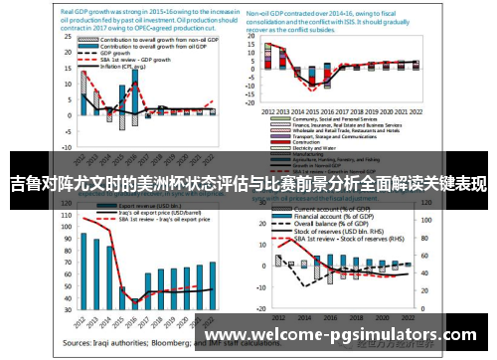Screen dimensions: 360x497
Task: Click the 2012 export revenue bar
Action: pyautogui.click(x=84, y=270)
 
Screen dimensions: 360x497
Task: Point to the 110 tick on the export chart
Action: pyautogui.click(x=67, y=215)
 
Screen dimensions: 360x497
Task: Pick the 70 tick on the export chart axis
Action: pyautogui.click(x=67, y=262)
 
